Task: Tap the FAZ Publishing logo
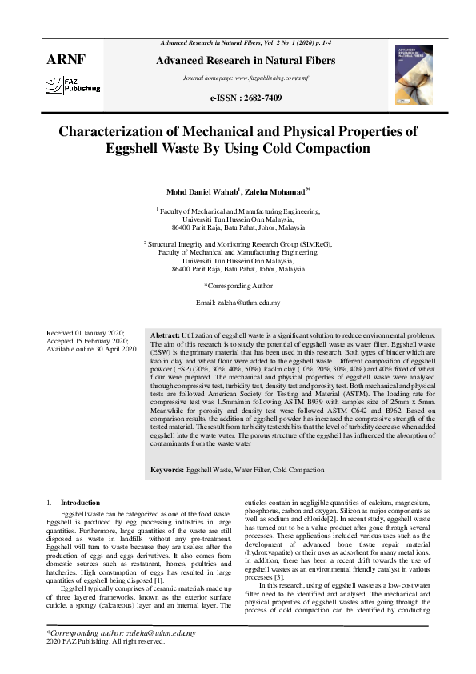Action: tap(72, 86)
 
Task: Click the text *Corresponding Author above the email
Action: tap(238, 285)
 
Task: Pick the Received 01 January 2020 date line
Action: tap(86, 333)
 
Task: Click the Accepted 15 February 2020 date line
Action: tap(88, 341)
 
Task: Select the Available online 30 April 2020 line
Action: tap(91, 349)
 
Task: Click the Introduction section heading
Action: tap(81, 502)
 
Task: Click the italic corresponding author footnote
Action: tap(122, 632)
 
